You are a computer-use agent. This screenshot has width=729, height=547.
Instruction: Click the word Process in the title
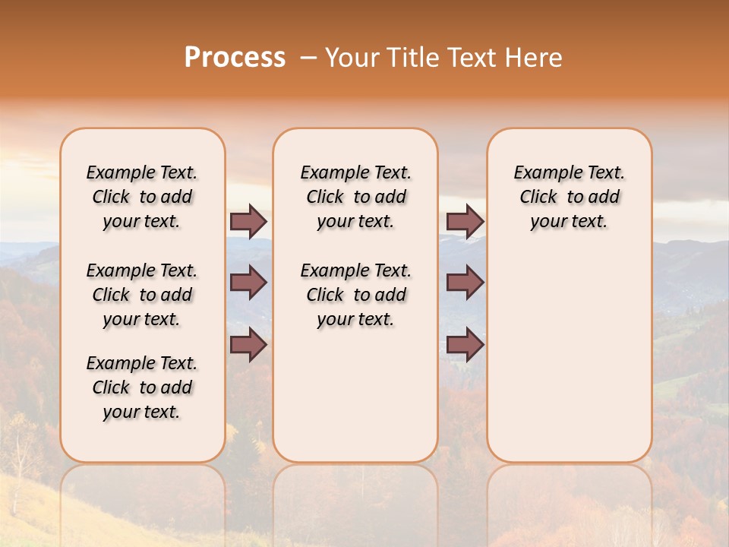[235, 58]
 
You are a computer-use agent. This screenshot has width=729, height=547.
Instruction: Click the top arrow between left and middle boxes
[248, 221]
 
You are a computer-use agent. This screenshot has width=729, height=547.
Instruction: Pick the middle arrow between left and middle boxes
[248, 283]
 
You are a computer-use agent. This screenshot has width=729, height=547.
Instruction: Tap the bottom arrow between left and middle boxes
[248, 345]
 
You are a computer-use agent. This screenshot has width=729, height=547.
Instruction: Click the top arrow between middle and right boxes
[465, 221]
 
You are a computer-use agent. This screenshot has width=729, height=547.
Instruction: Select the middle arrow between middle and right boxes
[465, 283]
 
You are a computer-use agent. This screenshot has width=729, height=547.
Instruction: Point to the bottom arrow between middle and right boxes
[465, 345]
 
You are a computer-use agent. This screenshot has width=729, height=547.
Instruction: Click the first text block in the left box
[142, 197]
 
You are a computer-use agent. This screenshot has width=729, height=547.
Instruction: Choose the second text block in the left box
[142, 295]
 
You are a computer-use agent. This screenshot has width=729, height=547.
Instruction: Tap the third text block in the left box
[142, 387]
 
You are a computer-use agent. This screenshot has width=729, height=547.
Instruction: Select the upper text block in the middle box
[355, 197]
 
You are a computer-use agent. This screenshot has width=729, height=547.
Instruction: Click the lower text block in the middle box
[355, 295]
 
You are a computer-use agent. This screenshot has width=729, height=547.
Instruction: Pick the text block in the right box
[570, 197]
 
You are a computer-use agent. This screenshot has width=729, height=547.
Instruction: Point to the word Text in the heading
[472, 58]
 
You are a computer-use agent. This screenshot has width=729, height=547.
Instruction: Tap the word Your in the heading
[352, 58]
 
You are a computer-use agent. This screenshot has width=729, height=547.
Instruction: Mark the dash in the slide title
[308, 58]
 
